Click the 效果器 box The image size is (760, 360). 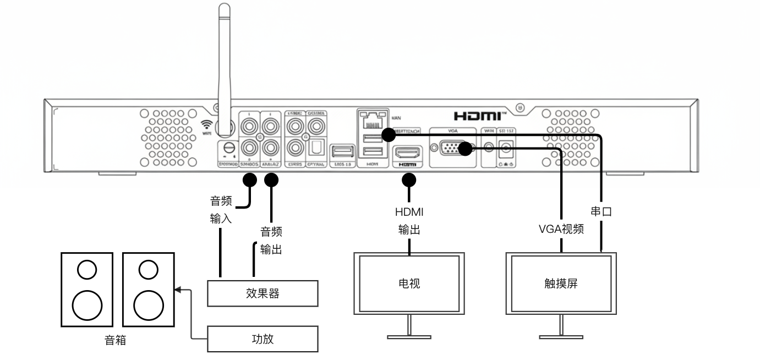click(x=263, y=293)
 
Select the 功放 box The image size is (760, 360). click(x=263, y=339)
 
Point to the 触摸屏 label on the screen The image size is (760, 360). click(x=560, y=284)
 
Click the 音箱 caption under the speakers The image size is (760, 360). click(x=116, y=341)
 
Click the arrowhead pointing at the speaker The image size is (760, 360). click(x=177, y=288)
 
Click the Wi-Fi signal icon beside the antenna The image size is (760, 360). click(x=207, y=125)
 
